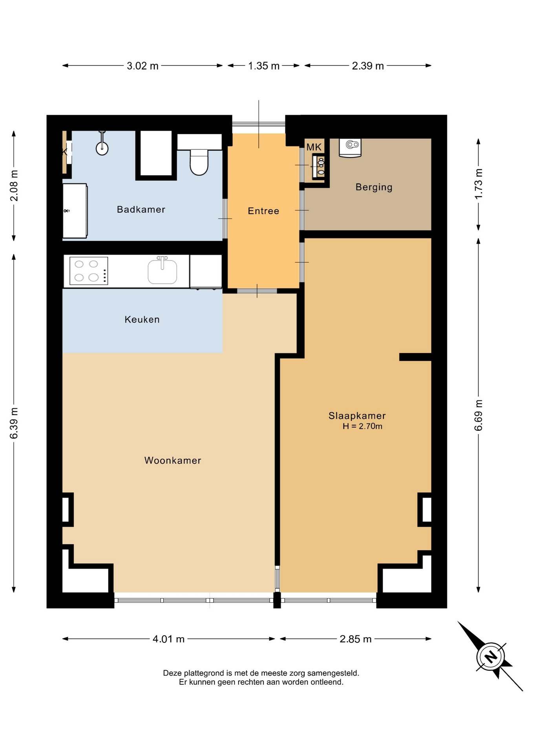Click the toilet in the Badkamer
[x=199, y=162]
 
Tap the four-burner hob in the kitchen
[x=89, y=271]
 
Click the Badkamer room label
[x=141, y=209]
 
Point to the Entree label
[x=263, y=211]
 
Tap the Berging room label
[x=374, y=187]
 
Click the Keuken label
[x=142, y=320]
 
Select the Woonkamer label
[x=173, y=460]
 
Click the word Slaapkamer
[x=357, y=416]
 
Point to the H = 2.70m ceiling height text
[x=362, y=426]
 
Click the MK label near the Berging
[x=314, y=147]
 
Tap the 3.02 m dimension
[x=142, y=66]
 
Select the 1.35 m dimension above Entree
[x=264, y=66]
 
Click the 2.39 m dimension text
[x=368, y=66]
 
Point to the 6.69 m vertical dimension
[x=478, y=415]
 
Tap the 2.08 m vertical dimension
[x=14, y=186]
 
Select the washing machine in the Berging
[x=350, y=147]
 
